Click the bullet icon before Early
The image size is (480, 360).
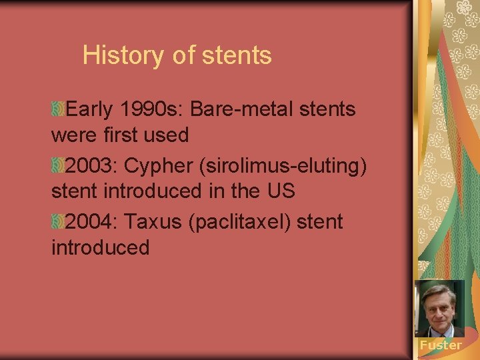click(58, 109)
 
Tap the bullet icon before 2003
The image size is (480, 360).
click(58, 165)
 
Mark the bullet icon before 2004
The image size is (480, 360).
click(58, 221)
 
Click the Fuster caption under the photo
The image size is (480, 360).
click(440, 345)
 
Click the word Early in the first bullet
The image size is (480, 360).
click(90, 109)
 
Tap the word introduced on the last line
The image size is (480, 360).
click(100, 248)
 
